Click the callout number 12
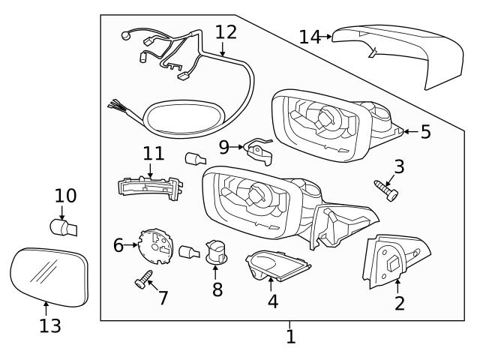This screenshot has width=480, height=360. pyautogui.click(x=225, y=32)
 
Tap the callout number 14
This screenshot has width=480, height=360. pyautogui.click(x=310, y=36)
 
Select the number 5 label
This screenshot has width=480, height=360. pyautogui.click(x=425, y=132)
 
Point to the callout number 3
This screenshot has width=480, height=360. pyautogui.click(x=399, y=166)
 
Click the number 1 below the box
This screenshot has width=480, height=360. pyautogui.click(x=290, y=337)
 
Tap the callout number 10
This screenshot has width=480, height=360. pyautogui.click(x=65, y=196)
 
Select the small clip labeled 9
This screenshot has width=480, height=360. pyautogui.click(x=259, y=151)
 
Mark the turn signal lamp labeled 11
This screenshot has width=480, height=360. pyautogui.click(x=151, y=184)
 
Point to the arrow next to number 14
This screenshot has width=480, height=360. pyautogui.click(x=327, y=36)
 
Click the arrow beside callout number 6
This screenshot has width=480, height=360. pyautogui.click(x=133, y=244)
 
